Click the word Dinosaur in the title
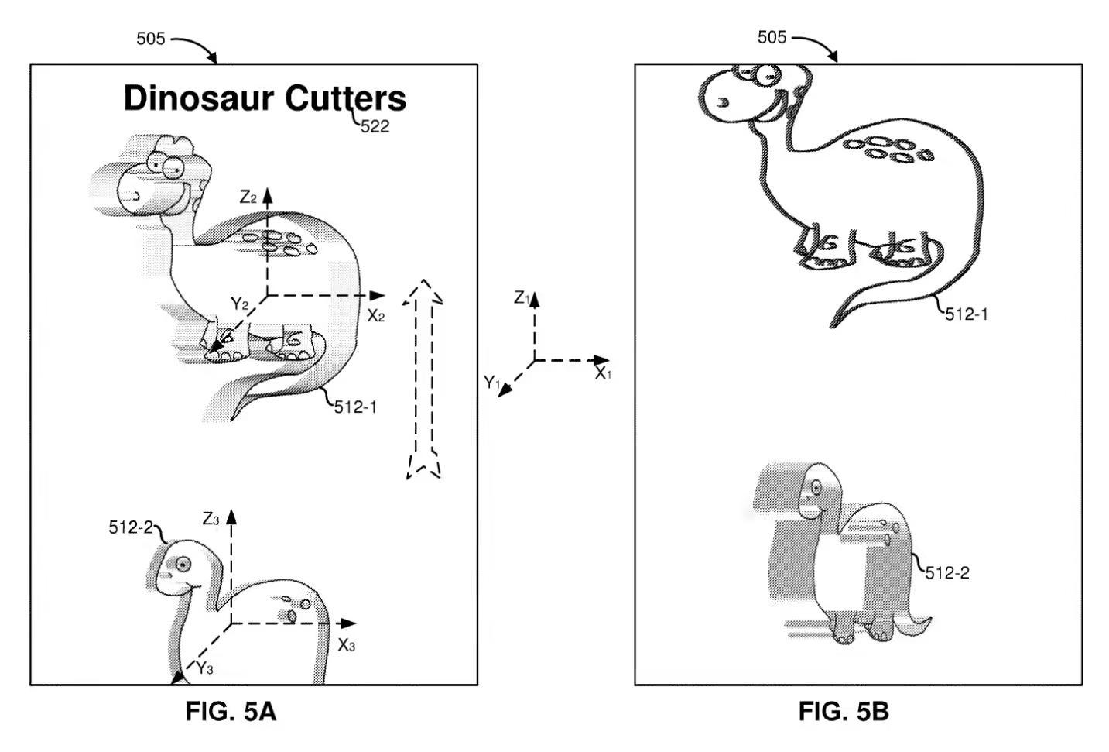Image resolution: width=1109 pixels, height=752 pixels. pyautogui.click(x=199, y=98)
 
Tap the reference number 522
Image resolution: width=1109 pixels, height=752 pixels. pyautogui.click(x=375, y=126)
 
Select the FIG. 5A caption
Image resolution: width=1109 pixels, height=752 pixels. pyautogui.click(x=230, y=711)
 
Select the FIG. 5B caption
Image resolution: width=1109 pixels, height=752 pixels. pyautogui.click(x=843, y=711)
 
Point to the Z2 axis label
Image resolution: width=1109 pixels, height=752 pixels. pyautogui.click(x=248, y=197)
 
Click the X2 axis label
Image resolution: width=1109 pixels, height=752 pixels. pyautogui.click(x=375, y=315)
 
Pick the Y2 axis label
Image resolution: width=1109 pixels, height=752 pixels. pyautogui.click(x=239, y=304)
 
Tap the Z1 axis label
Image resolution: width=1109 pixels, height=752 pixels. pyautogui.click(x=522, y=298)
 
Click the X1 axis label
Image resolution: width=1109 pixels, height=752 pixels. pyautogui.click(x=603, y=374)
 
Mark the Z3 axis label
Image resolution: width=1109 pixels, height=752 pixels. pyautogui.click(x=211, y=519)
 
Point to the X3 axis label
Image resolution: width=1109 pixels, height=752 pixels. pyautogui.click(x=346, y=644)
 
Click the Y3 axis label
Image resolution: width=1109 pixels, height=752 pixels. pyautogui.click(x=204, y=668)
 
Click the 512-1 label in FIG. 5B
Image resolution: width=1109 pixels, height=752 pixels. pyautogui.click(x=966, y=314)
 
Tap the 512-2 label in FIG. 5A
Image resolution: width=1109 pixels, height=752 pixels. pyautogui.click(x=131, y=527)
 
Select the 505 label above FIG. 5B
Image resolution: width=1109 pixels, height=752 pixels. pyautogui.click(x=772, y=37)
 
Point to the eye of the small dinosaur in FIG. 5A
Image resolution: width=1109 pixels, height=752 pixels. pyautogui.click(x=183, y=565)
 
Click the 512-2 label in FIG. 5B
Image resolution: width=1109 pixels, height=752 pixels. pyautogui.click(x=947, y=573)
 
